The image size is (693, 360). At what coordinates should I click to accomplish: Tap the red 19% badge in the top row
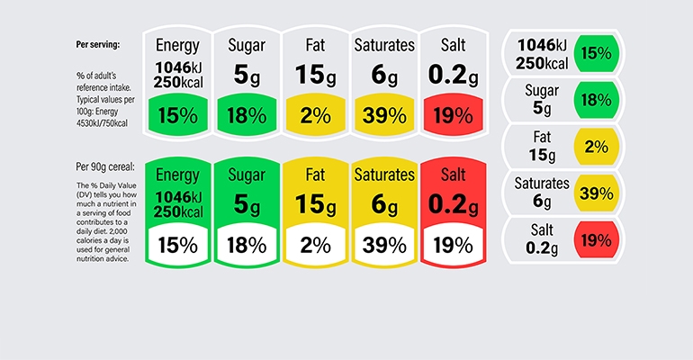pyautogui.click(x=453, y=115)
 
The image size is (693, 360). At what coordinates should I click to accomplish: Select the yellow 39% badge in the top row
pyautogui.click(x=383, y=115)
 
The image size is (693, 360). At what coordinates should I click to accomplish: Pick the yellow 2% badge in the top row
pyautogui.click(x=314, y=115)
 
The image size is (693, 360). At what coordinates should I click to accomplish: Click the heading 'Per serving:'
pyautogui.click(x=98, y=43)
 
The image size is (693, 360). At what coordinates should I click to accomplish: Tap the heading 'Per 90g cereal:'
pyautogui.click(x=105, y=166)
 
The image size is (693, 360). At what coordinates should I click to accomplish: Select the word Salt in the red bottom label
pyautogui.click(x=453, y=174)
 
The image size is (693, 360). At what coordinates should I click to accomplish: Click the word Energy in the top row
pyautogui.click(x=177, y=46)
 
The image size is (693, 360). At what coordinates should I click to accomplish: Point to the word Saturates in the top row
pyautogui.click(x=384, y=46)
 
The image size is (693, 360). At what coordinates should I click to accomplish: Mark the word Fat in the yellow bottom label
pyautogui.click(x=314, y=174)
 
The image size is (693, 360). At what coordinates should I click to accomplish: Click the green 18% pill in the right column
pyautogui.click(x=596, y=100)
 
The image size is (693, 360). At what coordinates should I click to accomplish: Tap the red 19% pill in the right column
pyautogui.click(x=596, y=240)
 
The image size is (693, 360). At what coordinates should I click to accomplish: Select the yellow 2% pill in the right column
pyautogui.click(x=596, y=147)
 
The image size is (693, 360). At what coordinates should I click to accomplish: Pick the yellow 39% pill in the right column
pyautogui.click(x=596, y=193)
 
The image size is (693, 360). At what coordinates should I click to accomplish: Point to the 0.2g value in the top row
pyautogui.click(x=453, y=76)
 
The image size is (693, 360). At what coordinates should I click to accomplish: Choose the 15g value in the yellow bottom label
pyautogui.click(x=314, y=205)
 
